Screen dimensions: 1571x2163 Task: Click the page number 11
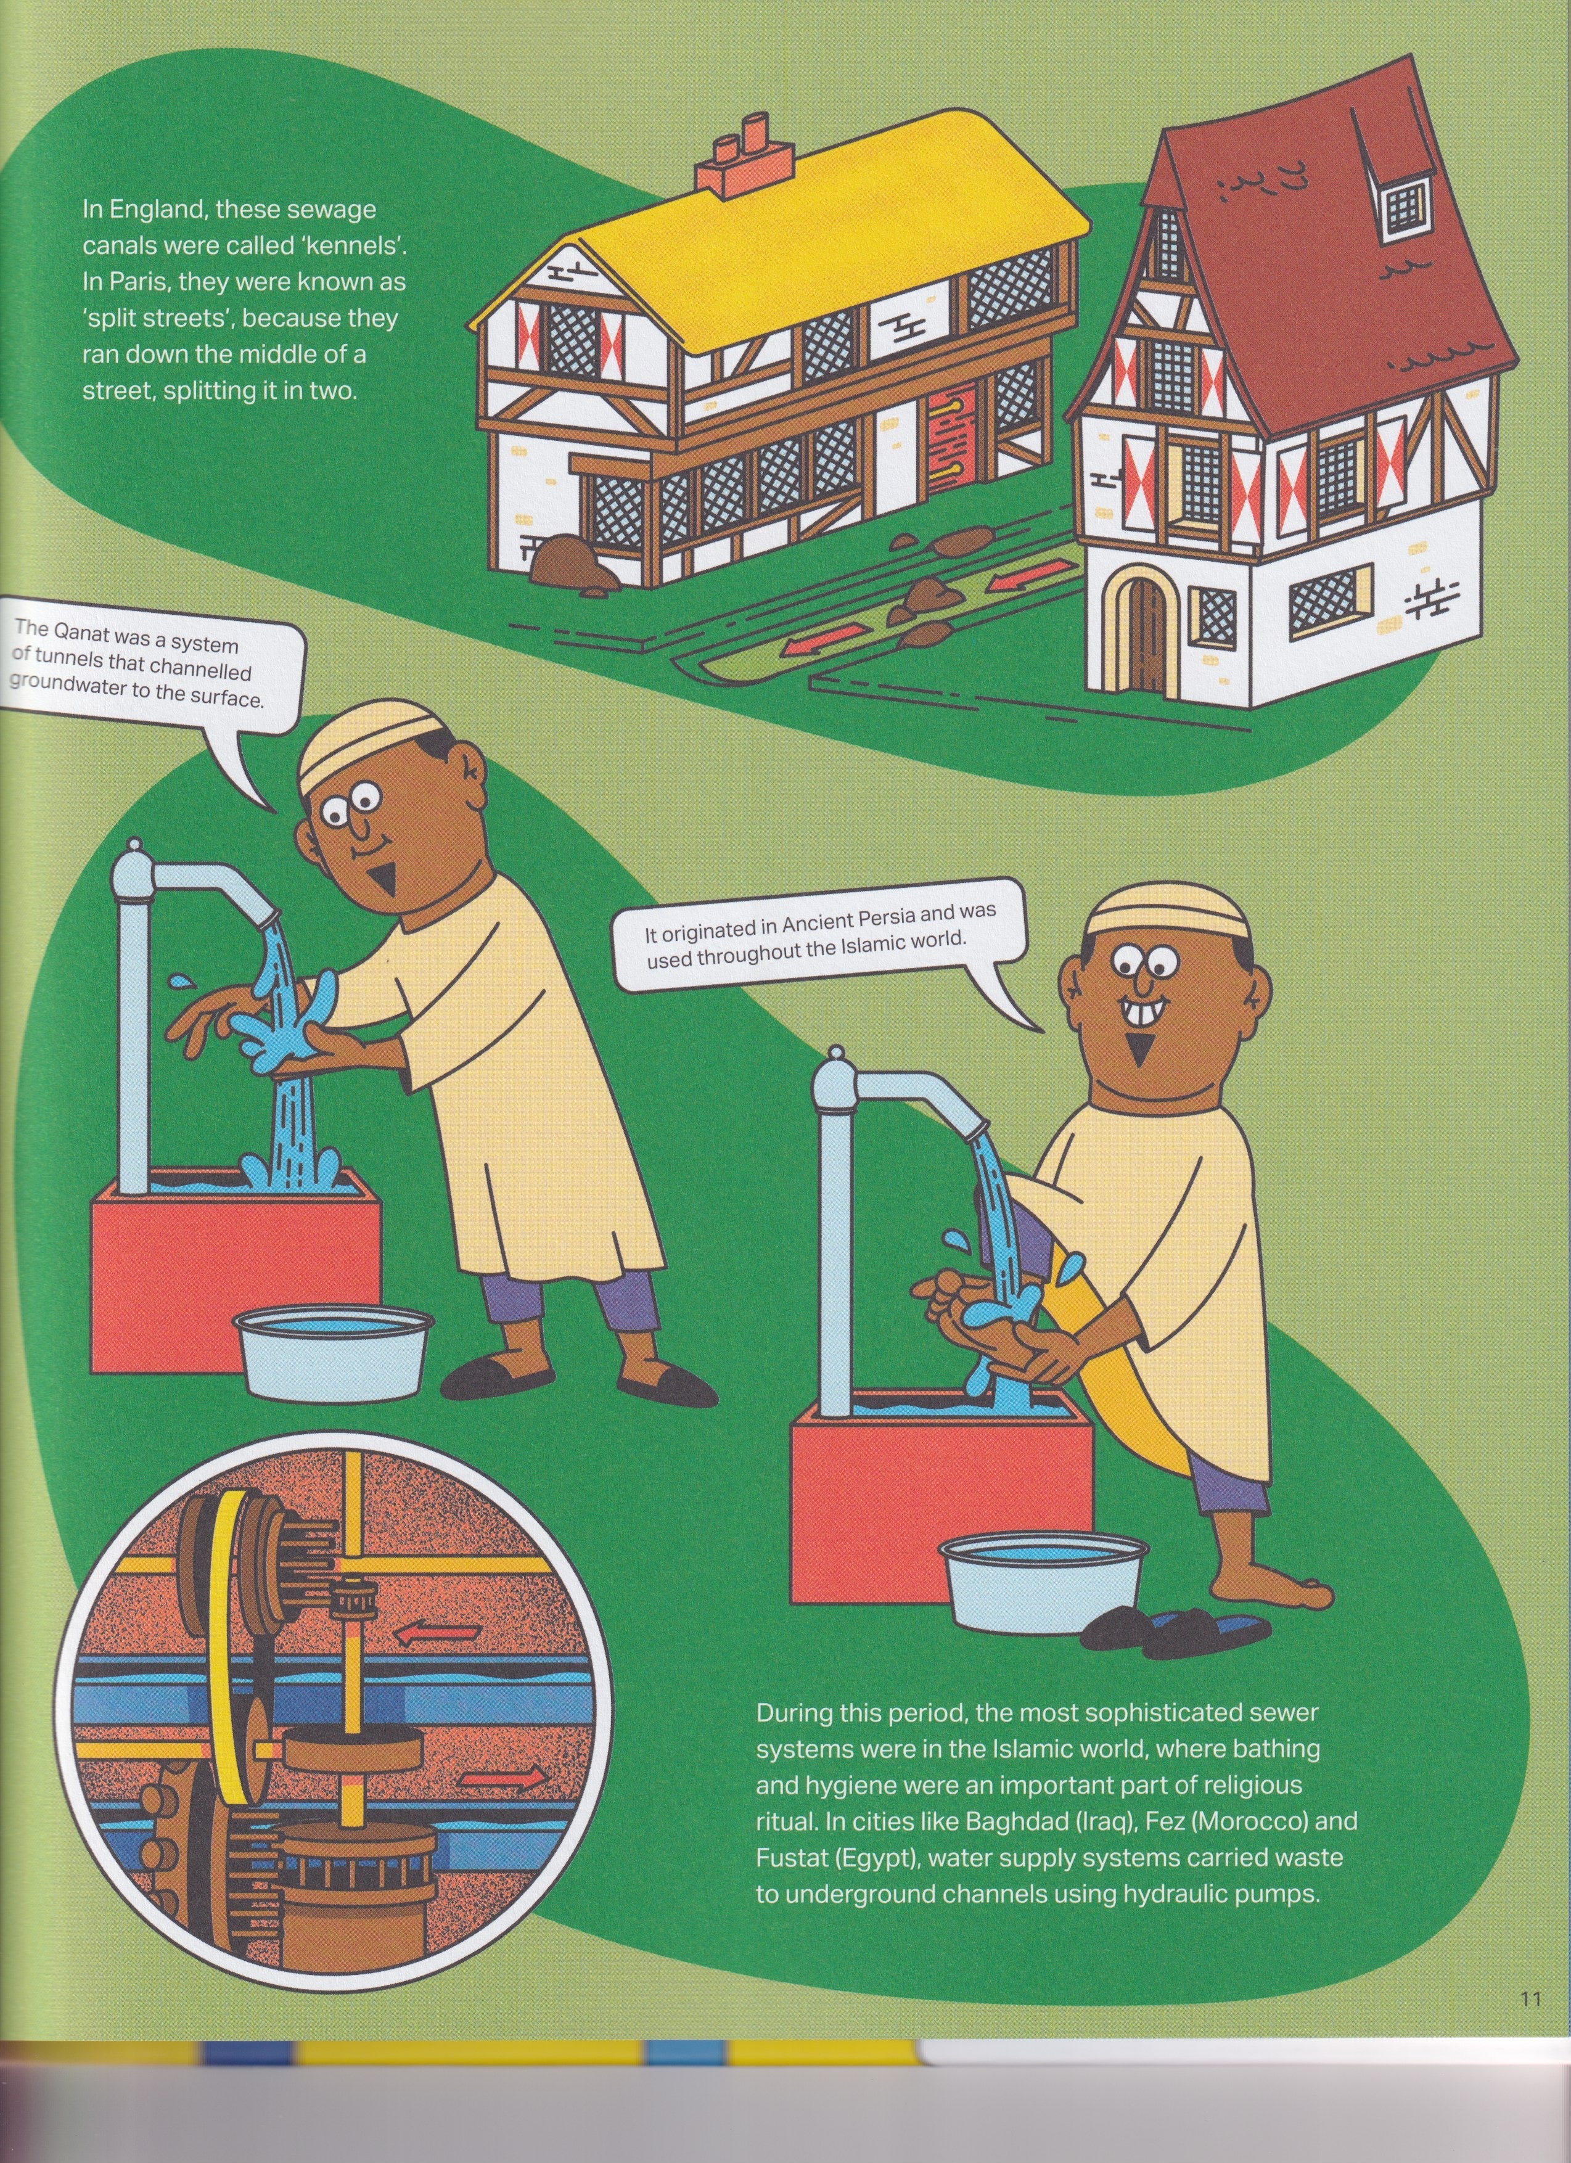pyautogui.click(x=1530, y=1993)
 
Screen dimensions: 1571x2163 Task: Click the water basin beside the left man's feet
pyautogui.click(x=334, y=1348)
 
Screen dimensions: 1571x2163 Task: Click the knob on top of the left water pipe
pyautogui.click(x=134, y=848)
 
